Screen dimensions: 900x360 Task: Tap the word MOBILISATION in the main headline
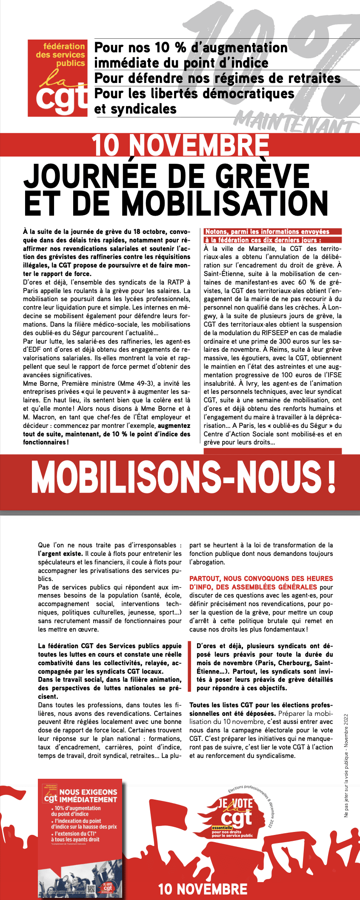coord(225,203)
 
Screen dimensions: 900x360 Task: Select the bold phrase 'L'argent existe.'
coord(60,553)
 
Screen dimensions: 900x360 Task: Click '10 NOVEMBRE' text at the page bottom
coord(203,889)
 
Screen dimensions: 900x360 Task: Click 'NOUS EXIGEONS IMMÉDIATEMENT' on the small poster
coord(88,795)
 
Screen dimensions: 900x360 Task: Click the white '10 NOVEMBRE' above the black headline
coord(181,145)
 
